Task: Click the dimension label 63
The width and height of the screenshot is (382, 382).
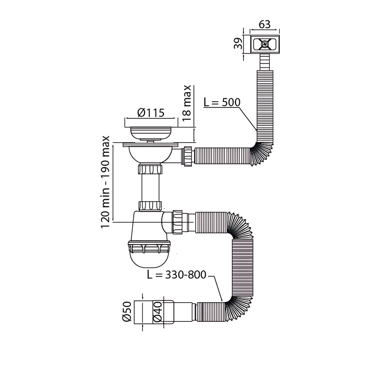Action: [265, 24]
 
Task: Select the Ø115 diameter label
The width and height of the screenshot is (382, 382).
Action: [151, 113]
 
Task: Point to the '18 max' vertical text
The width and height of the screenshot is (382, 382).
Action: [188, 103]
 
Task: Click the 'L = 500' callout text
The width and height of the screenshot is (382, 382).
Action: [221, 103]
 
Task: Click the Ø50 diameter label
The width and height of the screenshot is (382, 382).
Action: [127, 312]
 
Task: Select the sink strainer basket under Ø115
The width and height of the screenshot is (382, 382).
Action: [151, 130]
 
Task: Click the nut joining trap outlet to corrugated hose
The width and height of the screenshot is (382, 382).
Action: [180, 221]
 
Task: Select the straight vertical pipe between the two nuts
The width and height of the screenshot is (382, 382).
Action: [150, 189]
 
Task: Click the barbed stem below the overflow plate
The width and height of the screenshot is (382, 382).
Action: [264, 62]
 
